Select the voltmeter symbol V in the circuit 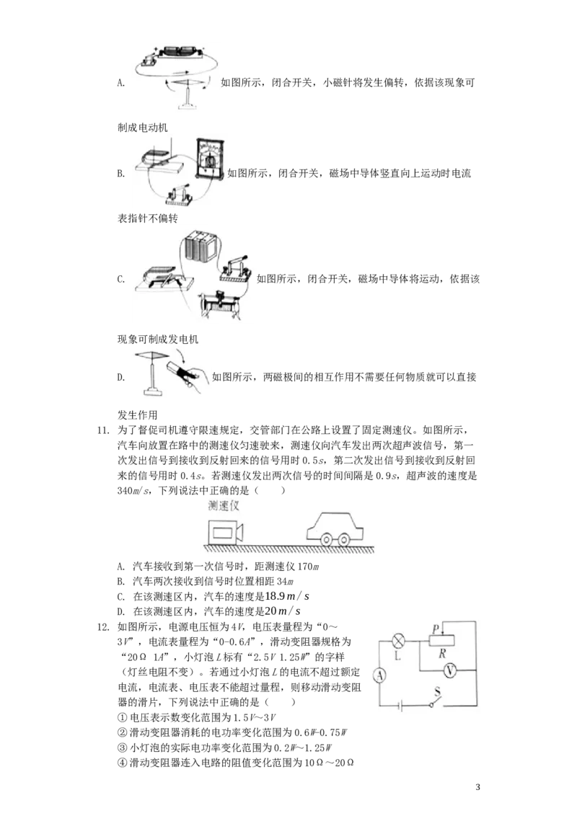click(x=449, y=670)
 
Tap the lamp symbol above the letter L click(x=397, y=639)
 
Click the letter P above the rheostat click(x=436, y=629)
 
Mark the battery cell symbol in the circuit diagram click(x=400, y=706)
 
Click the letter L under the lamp click(x=397, y=657)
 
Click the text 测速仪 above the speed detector click(x=224, y=505)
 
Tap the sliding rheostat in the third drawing click(x=225, y=306)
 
